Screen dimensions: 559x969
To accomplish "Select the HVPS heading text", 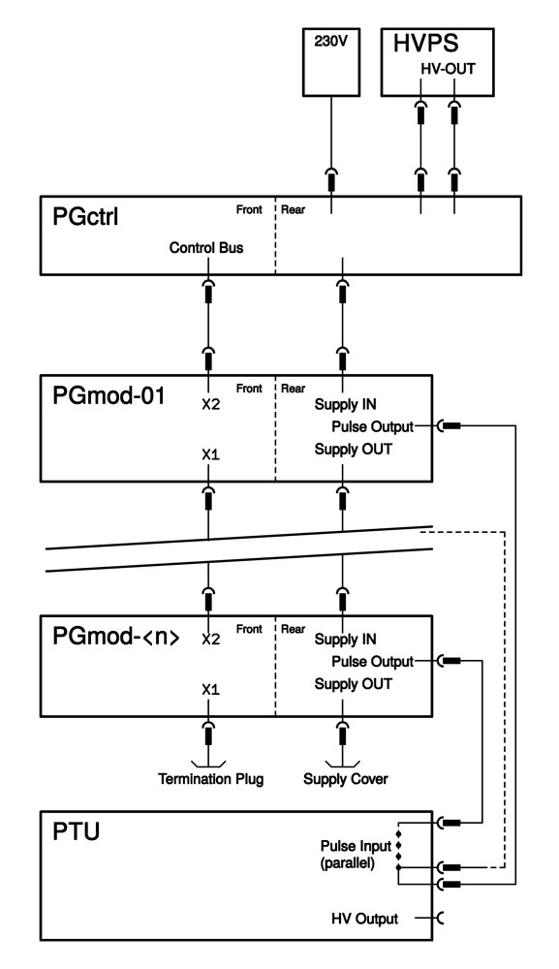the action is click(426, 44).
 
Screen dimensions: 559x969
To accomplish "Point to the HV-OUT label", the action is click(448, 69).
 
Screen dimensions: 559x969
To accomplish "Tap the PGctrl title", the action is click(85, 217).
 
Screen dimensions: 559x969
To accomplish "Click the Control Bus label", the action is click(206, 248).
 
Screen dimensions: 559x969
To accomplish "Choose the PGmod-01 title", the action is click(109, 395).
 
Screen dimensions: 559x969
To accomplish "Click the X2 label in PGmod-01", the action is click(210, 405).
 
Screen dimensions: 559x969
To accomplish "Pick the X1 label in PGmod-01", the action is click(210, 454).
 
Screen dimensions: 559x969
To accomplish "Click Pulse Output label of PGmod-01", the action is click(372, 427).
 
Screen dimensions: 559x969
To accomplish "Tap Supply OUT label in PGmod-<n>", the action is click(354, 684).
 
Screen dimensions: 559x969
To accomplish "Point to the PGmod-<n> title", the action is click(116, 637).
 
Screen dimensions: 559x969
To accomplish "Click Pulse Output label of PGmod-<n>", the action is click(372, 662).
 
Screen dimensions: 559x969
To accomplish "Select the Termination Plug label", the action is click(210, 779).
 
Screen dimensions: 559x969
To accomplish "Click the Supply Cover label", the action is click(345, 779).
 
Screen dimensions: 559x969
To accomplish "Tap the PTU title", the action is click(76, 831).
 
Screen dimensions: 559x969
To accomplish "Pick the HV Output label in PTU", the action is click(364, 919).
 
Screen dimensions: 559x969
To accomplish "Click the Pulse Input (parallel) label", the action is click(356, 854).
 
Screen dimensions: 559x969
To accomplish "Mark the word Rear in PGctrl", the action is click(293, 210).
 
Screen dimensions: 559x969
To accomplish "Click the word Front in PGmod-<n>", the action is click(249, 629).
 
